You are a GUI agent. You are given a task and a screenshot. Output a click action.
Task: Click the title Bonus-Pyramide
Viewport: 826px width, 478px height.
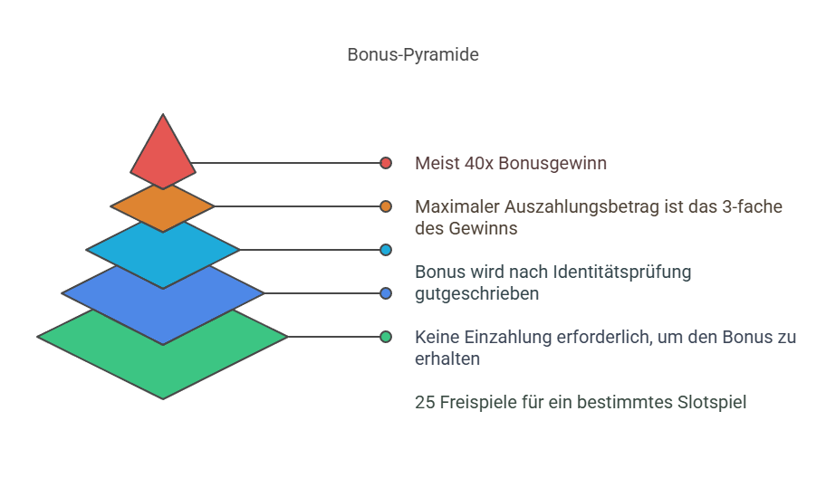click(x=413, y=54)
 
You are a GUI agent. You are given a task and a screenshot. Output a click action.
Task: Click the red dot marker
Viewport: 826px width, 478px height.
click(x=386, y=163)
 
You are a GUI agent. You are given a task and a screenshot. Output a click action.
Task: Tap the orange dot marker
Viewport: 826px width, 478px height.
click(x=386, y=206)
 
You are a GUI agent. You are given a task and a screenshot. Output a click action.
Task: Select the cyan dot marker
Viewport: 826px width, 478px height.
click(x=386, y=250)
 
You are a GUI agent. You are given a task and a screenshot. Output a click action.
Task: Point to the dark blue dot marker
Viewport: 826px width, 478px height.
click(x=386, y=293)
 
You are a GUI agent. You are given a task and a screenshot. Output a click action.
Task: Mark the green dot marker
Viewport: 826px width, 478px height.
click(x=386, y=337)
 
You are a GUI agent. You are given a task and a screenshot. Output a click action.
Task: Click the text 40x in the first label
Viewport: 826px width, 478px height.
click(x=479, y=163)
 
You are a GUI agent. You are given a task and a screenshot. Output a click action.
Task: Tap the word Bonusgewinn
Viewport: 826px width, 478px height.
click(x=552, y=164)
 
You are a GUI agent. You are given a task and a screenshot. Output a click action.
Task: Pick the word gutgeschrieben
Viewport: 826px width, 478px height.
click(x=476, y=294)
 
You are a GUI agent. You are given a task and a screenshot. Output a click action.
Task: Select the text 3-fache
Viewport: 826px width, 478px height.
click(x=753, y=207)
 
